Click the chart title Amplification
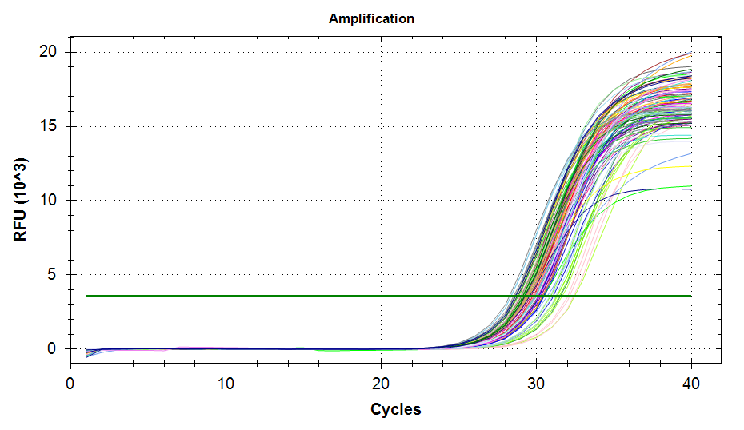[371, 18]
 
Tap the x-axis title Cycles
[395, 409]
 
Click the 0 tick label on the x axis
[70, 384]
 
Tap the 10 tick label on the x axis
[226, 384]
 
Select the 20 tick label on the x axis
[381, 384]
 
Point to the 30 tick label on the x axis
[536, 384]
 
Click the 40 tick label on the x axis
[691, 384]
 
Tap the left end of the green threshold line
[87, 296]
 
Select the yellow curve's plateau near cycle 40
[684, 166]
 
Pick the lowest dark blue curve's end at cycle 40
[690, 189]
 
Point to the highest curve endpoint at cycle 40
[691, 52]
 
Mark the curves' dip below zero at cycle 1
[87, 354]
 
